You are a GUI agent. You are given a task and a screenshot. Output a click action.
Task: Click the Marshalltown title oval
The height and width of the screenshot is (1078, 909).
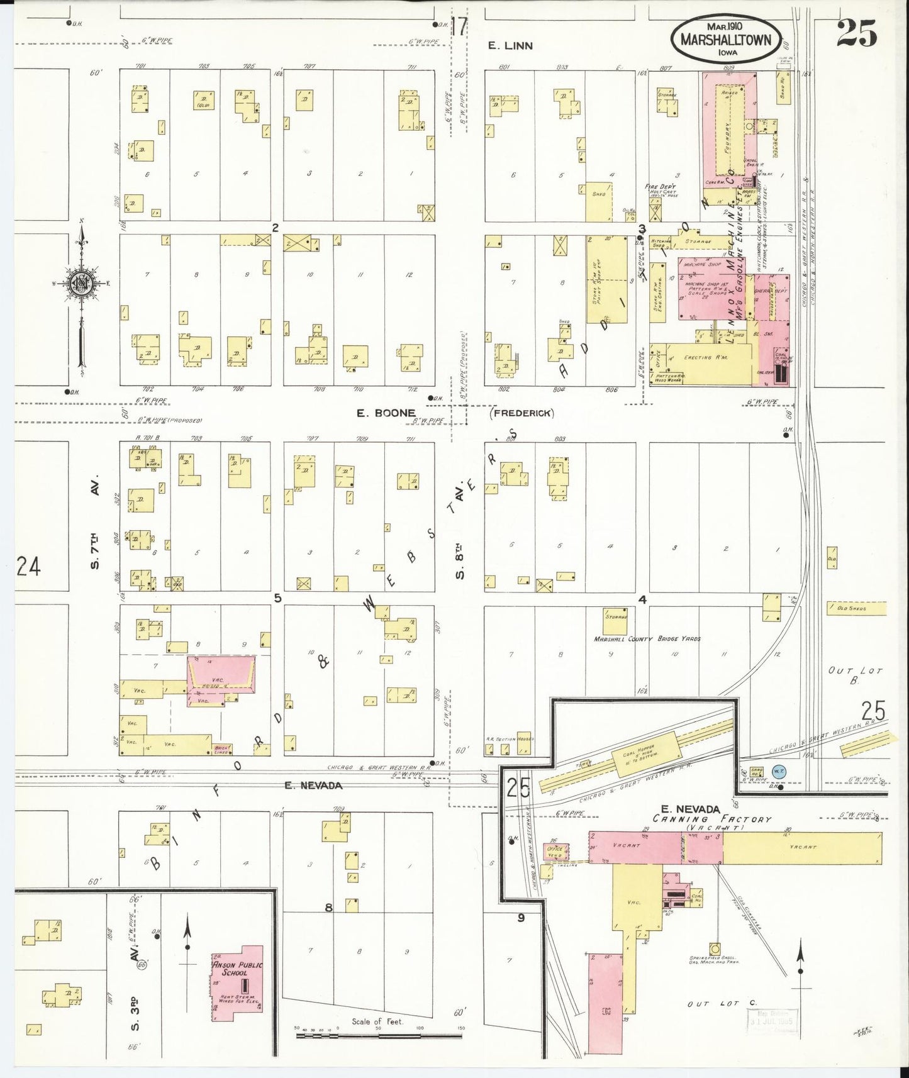(730, 40)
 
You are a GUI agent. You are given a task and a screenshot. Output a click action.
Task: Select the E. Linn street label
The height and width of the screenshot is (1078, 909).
(511, 45)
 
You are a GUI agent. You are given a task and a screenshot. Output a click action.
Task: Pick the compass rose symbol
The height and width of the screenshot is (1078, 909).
(81, 282)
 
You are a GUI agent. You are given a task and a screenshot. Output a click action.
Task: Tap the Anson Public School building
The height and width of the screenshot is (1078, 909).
(238, 984)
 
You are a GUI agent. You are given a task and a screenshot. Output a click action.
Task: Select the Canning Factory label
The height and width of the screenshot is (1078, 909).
(711, 819)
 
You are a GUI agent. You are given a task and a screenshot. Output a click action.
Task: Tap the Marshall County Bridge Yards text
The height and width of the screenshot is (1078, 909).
(647, 638)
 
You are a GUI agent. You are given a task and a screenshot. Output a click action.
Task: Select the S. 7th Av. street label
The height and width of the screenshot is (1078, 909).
(95, 523)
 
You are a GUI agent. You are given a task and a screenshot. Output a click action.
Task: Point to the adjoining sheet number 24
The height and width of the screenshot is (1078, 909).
(28, 567)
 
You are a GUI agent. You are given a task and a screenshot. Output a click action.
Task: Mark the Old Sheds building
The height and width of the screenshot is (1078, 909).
(857, 609)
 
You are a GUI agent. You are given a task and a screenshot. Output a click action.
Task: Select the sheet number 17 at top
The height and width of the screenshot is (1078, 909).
(459, 26)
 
